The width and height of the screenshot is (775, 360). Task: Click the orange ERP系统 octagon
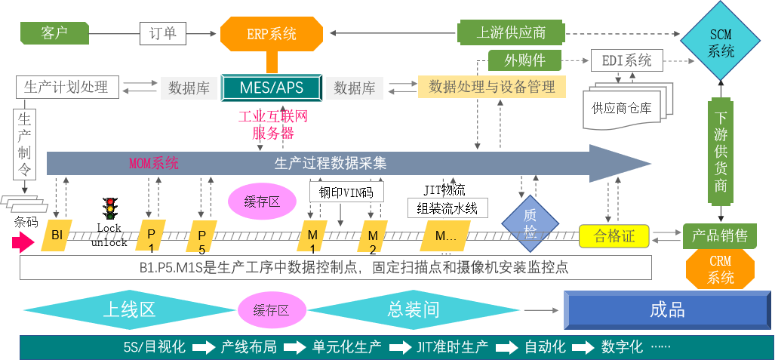click(x=271, y=34)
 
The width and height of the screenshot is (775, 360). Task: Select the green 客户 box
click(x=54, y=32)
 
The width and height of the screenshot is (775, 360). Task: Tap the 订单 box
click(x=162, y=33)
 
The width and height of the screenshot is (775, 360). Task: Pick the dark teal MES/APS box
click(x=271, y=87)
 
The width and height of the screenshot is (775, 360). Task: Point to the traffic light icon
click(x=111, y=208)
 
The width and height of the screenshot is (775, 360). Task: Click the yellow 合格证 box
click(x=614, y=236)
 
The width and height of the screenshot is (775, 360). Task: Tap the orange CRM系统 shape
click(x=720, y=269)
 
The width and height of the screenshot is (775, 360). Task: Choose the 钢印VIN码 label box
click(x=346, y=192)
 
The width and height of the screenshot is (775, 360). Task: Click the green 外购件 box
click(x=525, y=60)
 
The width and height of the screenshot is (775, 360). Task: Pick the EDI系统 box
click(x=626, y=60)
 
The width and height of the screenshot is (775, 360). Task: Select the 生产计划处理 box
click(x=66, y=87)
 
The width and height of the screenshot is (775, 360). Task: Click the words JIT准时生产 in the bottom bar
click(x=452, y=347)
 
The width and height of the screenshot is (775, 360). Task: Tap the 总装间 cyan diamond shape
click(x=413, y=309)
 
